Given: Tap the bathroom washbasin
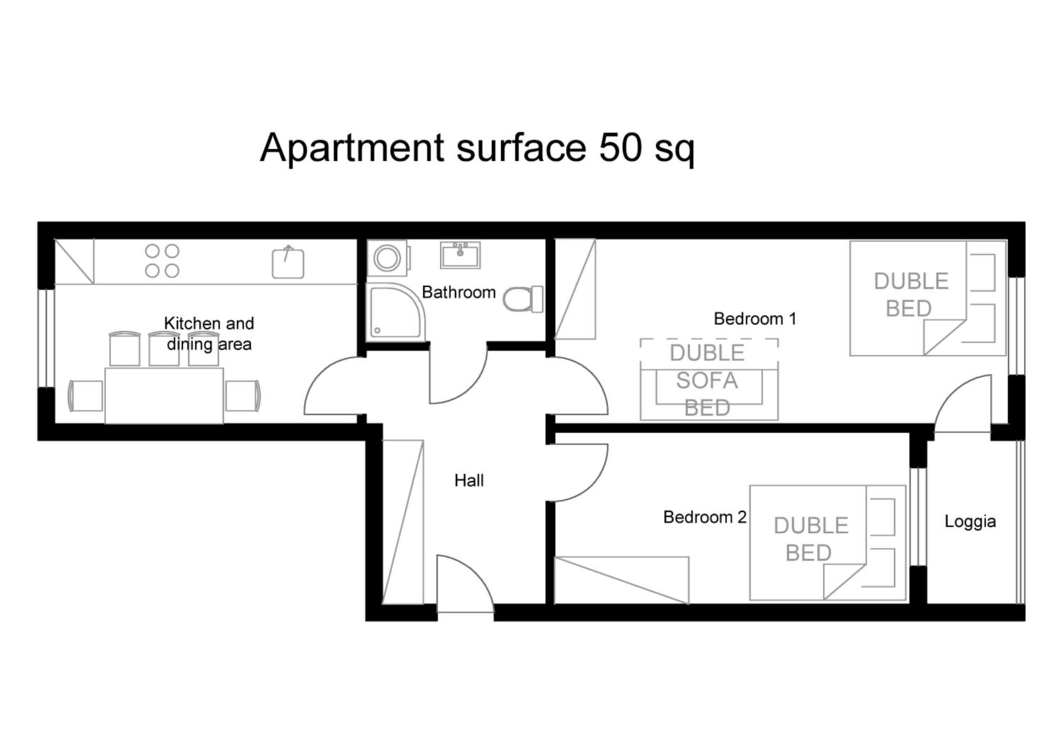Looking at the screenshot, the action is [x=460, y=255].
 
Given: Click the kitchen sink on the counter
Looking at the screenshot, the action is [x=288, y=263].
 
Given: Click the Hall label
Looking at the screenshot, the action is [x=469, y=481].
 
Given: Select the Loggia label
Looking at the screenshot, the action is [x=970, y=522].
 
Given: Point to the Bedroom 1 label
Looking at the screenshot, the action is [x=755, y=319].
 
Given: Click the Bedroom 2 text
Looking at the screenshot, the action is [x=705, y=517].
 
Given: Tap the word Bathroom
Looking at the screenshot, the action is [x=459, y=292].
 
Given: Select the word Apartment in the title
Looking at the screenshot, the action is [x=352, y=148].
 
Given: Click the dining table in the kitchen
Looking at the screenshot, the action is [x=164, y=396].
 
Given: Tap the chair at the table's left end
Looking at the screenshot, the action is [x=86, y=396].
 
